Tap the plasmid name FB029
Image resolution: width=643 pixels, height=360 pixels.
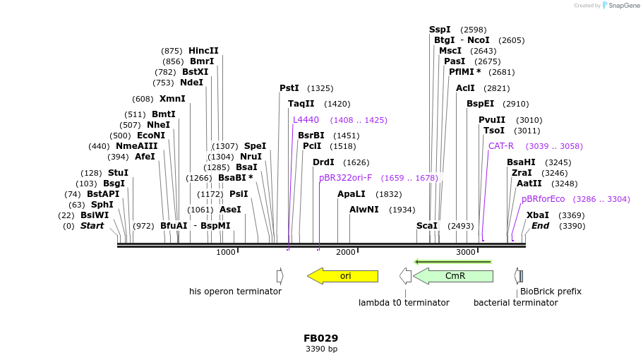point(321,338)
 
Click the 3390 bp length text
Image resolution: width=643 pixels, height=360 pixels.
point(321,349)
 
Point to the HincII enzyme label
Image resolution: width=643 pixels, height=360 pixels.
point(203,51)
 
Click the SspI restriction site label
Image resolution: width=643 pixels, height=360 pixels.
point(440,30)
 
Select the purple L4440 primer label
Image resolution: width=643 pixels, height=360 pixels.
point(306,120)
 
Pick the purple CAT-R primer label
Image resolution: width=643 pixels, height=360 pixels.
point(501,146)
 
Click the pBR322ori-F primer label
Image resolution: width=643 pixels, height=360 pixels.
point(345,178)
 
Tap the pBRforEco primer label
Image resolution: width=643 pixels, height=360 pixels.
point(543,199)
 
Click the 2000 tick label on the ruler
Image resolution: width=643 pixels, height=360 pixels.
point(346,253)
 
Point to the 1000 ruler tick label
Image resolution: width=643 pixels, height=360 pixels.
point(226,253)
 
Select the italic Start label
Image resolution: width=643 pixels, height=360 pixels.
point(92,226)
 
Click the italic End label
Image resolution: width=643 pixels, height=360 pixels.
point(540,226)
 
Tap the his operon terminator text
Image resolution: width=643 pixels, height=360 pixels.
point(235,292)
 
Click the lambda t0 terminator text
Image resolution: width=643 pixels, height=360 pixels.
point(404,303)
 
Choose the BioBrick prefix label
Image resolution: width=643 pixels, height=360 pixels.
point(551,292)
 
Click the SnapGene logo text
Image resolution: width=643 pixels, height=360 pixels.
point(624,6)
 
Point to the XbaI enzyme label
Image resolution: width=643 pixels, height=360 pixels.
point(537,215)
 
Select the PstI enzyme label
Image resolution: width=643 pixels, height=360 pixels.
point(289,88)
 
